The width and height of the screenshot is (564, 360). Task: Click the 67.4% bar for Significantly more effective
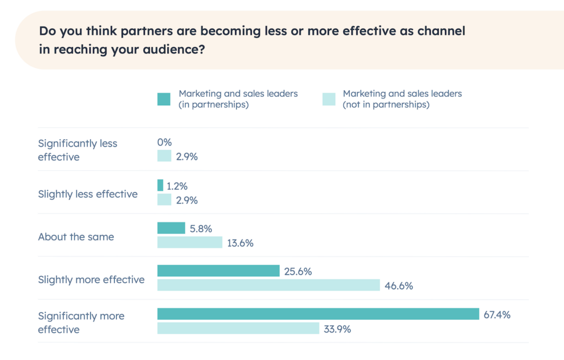(318, 314)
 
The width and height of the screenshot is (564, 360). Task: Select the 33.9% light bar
(238, 329)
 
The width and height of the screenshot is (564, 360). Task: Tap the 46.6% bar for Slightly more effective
(268, 285)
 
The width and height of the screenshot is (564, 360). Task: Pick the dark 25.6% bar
(218, 271)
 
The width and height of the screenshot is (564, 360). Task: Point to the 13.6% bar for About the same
(189, 242)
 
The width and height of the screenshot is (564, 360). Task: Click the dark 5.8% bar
(171, 228)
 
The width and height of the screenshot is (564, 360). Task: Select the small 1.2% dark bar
(160, 185)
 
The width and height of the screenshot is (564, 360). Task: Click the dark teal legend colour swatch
(164, 99)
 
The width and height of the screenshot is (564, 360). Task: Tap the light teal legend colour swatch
(328, 99)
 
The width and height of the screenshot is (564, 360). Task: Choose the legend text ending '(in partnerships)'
(238, 99)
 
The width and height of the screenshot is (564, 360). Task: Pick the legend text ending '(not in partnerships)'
(402, 99)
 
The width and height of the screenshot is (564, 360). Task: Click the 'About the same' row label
(76, 237)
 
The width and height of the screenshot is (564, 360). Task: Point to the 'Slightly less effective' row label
(88, 194)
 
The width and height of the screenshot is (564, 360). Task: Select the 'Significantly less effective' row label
(78, 150)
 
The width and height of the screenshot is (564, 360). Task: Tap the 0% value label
(165, 143)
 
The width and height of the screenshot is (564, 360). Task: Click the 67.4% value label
(497, 315)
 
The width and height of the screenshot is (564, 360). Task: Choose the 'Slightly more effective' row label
(91, 280)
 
